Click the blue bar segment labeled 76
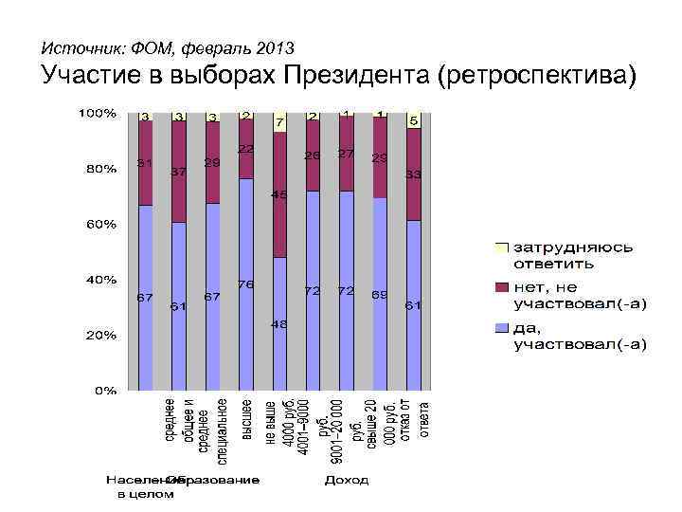tap(246, 284)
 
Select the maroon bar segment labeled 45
tap(279, 194)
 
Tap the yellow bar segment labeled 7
tap(279, 122)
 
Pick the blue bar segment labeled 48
tap(279, 323)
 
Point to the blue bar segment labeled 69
tap(380, 294)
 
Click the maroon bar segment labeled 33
tap(413, 174)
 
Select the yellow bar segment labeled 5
tap(413, 120)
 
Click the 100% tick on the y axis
tap(97, 114)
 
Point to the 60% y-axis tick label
tap(99, 225)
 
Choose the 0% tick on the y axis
tap(103, 390)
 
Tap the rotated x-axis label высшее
tap(246, 422)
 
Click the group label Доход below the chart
tap(347, 481)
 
